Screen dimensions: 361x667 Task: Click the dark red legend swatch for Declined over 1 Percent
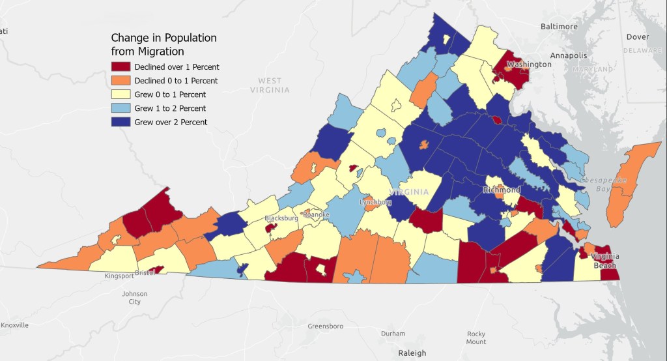(121, 66)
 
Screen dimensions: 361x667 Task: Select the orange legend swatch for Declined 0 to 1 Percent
(121, 80)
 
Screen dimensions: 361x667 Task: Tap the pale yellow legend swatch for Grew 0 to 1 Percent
(121, 94)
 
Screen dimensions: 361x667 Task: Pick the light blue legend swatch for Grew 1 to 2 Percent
(121, 108)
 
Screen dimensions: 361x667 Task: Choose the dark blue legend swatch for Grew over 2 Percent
(121, 122)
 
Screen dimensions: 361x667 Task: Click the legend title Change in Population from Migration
(163, 44)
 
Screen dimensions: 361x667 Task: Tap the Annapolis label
(569, 55)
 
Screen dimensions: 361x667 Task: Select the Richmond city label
(502, 190)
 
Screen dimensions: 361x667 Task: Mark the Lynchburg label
(376, 203)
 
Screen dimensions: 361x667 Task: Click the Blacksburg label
(281, 218)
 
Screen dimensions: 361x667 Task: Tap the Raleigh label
(412, 353)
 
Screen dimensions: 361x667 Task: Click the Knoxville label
(14, 325)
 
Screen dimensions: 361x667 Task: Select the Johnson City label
(135, 297)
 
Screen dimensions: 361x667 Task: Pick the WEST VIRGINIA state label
(270, 85)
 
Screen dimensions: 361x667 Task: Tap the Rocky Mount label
(475, 338)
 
